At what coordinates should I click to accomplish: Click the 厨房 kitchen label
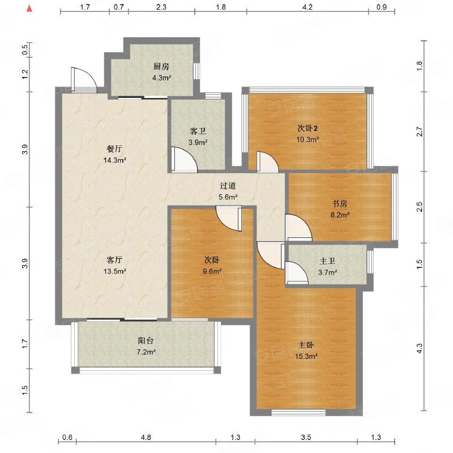[161, 66]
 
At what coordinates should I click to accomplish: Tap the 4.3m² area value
[162, 78]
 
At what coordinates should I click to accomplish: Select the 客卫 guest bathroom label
[198, 131]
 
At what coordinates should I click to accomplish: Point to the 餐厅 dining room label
[114, 149]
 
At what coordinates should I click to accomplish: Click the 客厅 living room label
[114, 260]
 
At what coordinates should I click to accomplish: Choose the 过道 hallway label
[228, 186]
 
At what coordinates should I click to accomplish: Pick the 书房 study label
[339, 203]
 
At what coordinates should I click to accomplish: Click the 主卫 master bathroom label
[327, 261]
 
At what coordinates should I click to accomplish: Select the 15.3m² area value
[306, 356]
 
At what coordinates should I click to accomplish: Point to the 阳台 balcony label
[146, 341]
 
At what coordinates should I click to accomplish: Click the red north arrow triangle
[29, 8]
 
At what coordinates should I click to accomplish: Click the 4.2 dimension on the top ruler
[307, 7]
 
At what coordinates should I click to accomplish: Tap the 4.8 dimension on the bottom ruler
[146, 437]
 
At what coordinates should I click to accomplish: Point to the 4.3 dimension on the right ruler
[420, 348]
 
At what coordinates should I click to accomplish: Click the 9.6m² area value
[212, 271]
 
